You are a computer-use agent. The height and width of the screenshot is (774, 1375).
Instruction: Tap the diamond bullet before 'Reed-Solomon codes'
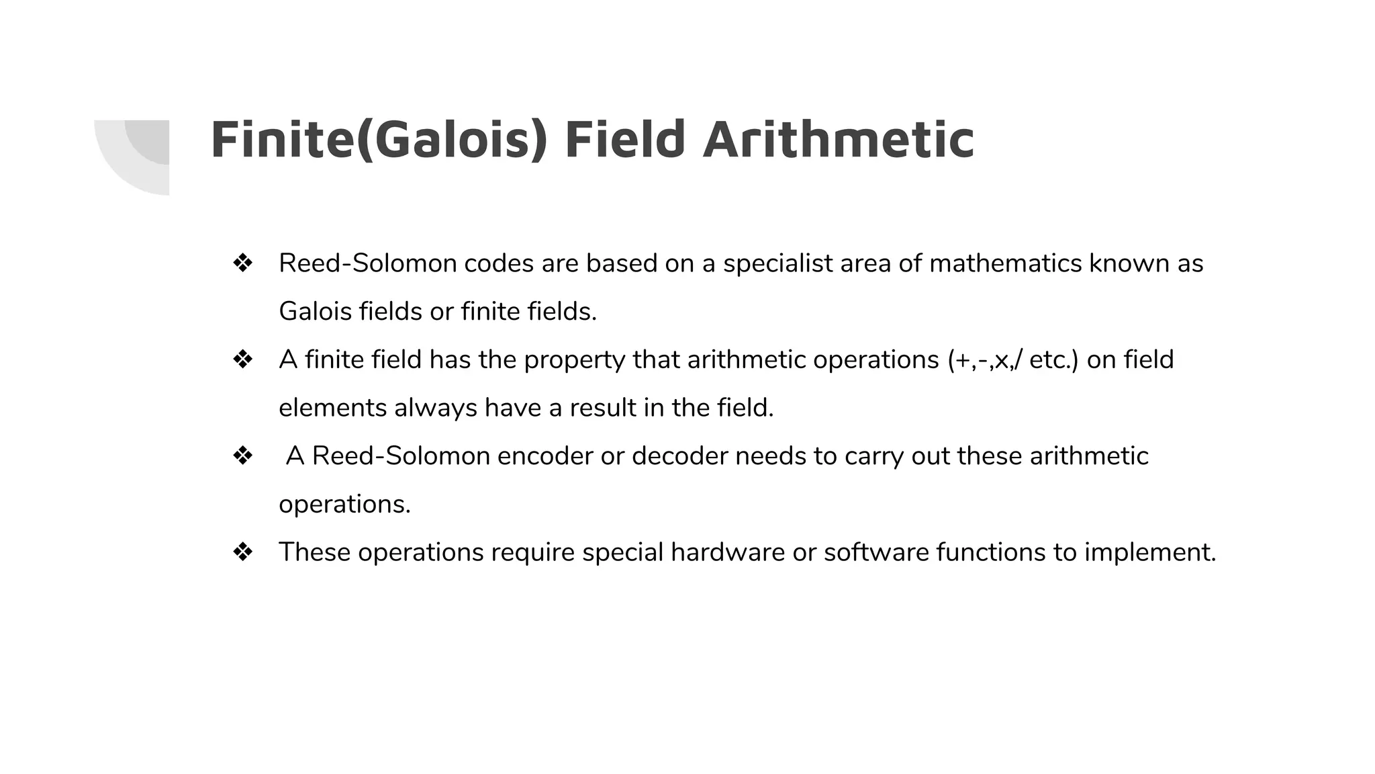242,263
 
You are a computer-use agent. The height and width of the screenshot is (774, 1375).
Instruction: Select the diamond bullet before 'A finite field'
242,359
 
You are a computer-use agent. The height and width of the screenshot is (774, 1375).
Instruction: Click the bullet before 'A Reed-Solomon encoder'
242,456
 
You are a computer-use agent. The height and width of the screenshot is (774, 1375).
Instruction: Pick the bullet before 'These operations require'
242,552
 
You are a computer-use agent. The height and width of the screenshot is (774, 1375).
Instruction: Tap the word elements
332,408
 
